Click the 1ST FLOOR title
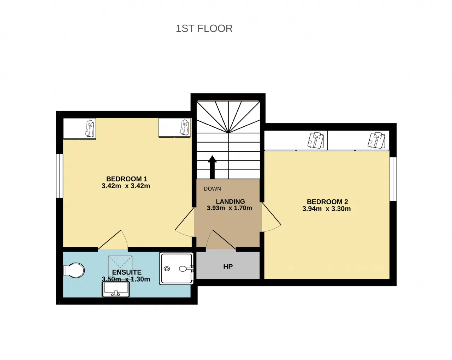pos(204,29)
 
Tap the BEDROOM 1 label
pos(127,179)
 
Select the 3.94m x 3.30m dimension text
pos(326,209)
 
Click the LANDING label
pos(230,202)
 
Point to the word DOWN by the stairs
pos(212,189)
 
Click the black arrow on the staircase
pos(212,167)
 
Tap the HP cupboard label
pos(228,266)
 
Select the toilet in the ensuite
pos(74,271)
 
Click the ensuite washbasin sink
pos(116,289)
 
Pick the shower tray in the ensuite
pos(176,269)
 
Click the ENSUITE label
pos(127,272)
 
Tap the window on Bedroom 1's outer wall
pos(60,176)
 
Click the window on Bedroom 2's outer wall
pos(393,179)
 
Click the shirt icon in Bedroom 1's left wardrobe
pos(90,128)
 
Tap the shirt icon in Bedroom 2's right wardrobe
pos(376,140)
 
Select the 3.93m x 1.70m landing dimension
pos(230,208)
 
